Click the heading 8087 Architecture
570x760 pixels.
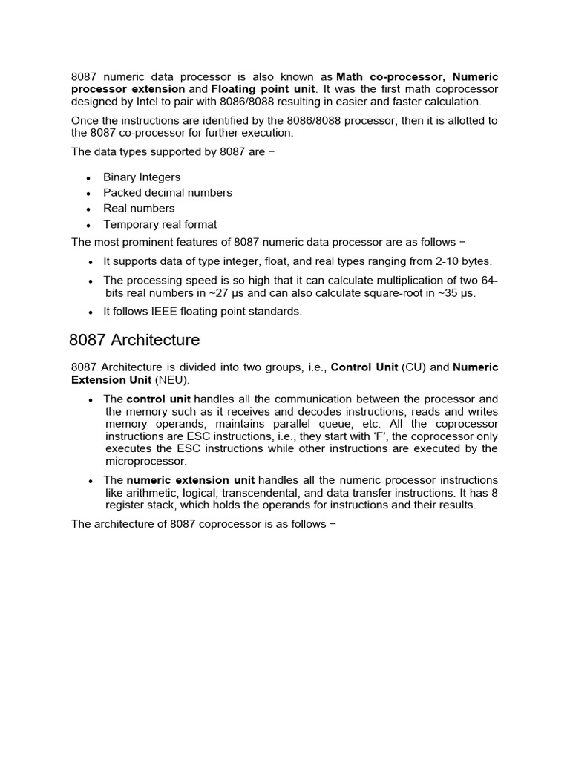134,341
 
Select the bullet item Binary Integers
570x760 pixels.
142,177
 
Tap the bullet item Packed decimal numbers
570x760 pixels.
168,193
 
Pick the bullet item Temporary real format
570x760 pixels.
160,224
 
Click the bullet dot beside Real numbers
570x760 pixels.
88,209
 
